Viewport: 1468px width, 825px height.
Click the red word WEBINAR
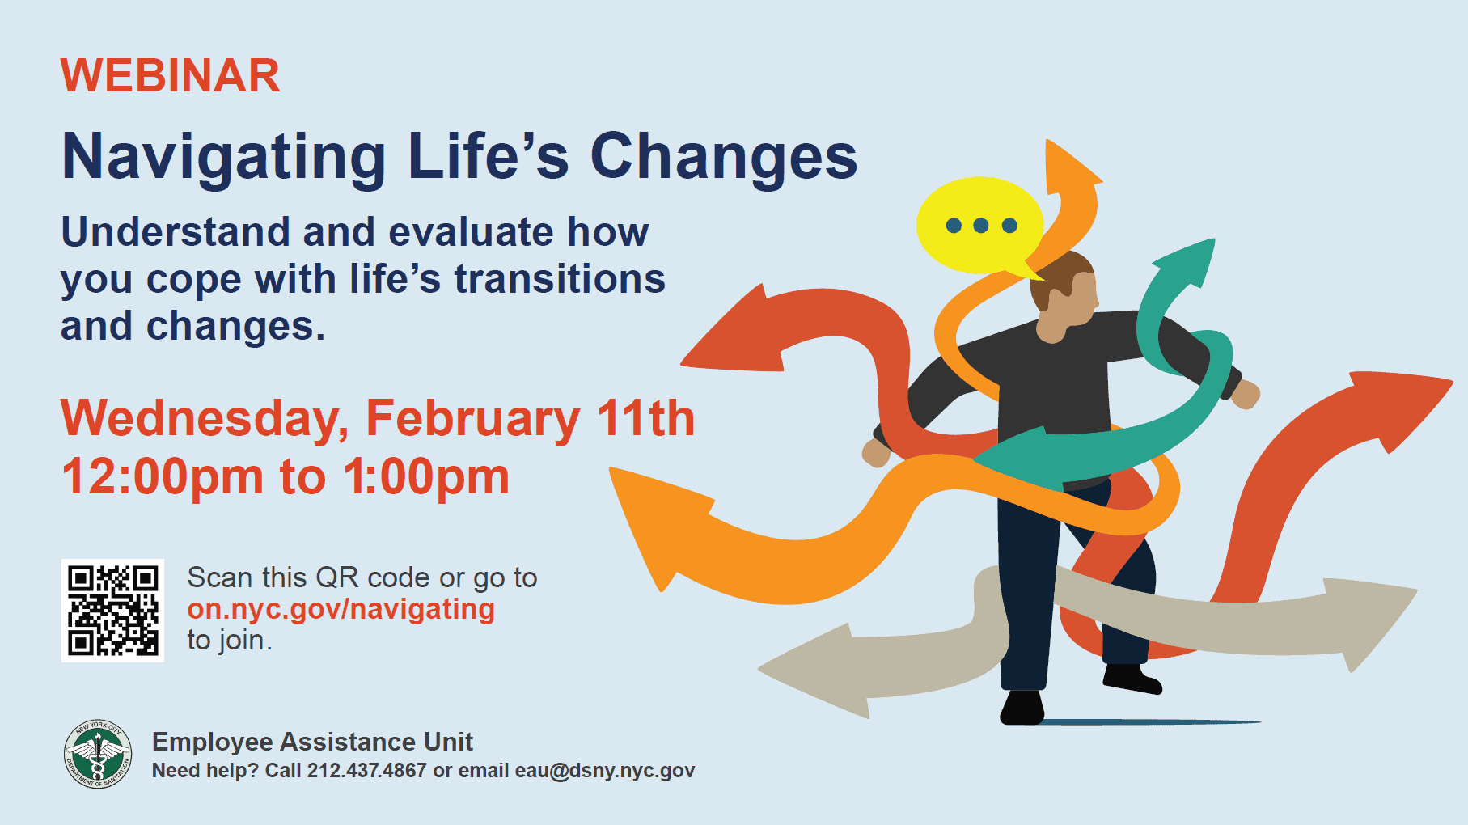[170, 76]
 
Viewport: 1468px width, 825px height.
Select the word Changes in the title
[723, 157]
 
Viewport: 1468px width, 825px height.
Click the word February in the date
[472, 419]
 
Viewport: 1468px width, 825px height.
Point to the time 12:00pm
[162, 477]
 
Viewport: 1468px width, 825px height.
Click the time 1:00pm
[426, 477]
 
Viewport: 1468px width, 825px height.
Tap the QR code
[112, 611]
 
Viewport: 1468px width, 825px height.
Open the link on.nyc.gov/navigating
[341, 609]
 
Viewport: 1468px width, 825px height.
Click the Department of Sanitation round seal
[97, 755]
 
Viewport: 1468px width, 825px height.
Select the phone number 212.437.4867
[366, 771]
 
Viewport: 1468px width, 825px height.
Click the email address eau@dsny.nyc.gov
[604, 771]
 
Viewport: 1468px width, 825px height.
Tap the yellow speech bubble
[979, 225]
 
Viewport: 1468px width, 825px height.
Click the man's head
[1068, 295]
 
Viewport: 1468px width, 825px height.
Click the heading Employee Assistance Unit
[312, 742]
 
